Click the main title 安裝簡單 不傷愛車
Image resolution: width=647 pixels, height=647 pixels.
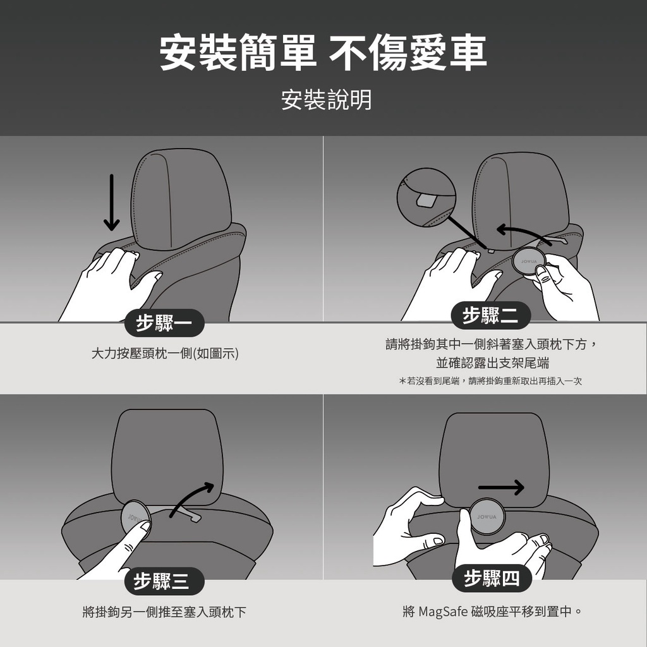[323, 52]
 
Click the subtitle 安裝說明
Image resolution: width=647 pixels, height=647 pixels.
[326, 100]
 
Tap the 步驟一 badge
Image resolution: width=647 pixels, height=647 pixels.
[164, 323]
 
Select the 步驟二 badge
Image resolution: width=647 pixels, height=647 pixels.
[490, 316]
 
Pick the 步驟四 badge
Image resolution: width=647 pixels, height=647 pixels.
[492, 578]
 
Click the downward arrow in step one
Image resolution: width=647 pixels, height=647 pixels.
[111, 202]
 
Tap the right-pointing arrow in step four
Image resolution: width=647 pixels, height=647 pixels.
[501, 487]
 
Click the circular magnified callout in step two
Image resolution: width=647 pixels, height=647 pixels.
[426, 197]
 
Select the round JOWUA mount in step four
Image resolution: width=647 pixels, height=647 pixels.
[487, 516]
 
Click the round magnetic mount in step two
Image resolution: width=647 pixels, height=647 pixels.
[529, 261]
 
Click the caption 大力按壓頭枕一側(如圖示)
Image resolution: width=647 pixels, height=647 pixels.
[165, 354]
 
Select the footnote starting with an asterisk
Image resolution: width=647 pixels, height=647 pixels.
[490, 381]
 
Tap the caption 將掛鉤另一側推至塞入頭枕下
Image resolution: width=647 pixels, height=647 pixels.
[164, 612]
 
